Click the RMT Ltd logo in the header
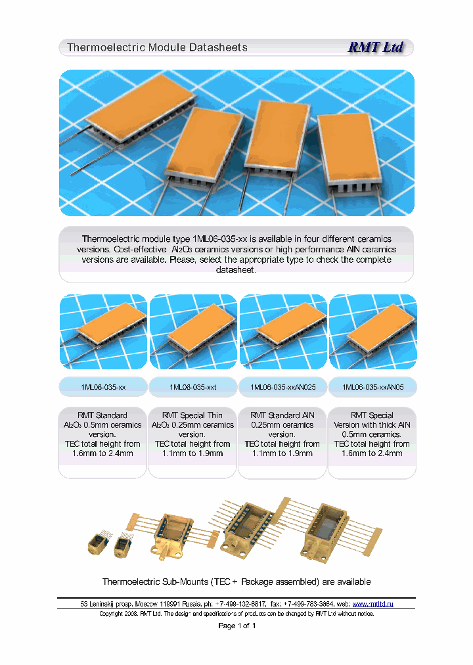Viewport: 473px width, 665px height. pos(375,47)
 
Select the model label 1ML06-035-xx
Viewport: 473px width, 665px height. pos(102,388)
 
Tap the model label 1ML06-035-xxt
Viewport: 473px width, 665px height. pos(192,388)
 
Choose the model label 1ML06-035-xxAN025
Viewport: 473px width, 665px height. pos(283,388)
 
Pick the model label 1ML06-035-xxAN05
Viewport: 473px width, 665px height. pos(372,388)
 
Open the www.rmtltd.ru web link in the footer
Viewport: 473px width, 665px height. pos(372,603)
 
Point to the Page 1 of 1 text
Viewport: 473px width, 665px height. pos(236,626)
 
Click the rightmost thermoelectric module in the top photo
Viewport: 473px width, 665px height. pos(351,154)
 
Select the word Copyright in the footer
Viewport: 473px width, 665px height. pos(113,614)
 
